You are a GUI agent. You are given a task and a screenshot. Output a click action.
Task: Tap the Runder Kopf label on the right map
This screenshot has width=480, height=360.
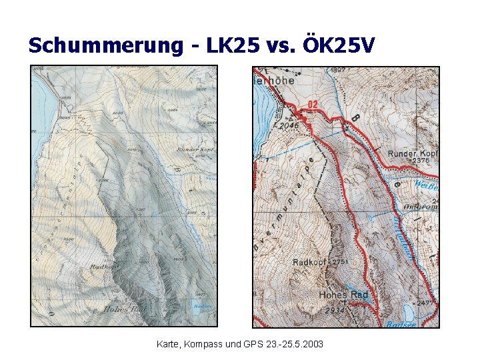(x=412, y=153)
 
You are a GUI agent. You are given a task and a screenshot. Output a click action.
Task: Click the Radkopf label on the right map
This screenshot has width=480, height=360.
(x=309, y=263)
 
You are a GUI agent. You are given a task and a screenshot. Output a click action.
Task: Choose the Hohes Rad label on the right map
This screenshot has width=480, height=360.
(x=343, y=295)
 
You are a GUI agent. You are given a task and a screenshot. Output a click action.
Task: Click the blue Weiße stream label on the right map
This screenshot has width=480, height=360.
(x=425, y=184)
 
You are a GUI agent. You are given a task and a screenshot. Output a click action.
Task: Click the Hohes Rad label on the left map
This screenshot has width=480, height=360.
(x=125, y=309)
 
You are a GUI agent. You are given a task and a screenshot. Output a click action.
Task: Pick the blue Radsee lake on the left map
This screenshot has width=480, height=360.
(x=197, y=309)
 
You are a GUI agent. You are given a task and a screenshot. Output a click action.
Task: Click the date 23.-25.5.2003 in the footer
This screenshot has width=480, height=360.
(x=294, y=345)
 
